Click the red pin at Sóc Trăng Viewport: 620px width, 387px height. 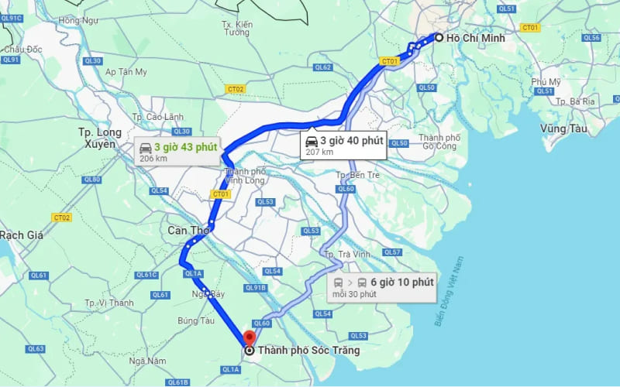(249, 338)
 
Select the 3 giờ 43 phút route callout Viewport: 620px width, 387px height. (178, 150)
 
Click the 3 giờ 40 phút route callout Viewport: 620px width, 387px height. (344, 145)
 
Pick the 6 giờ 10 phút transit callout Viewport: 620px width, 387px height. (383, 286)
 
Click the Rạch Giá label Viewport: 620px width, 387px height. (22, 235)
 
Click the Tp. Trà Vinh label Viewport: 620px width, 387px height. (346, 255)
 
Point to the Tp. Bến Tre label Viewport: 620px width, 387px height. (357, 175)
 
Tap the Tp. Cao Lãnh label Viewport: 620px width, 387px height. (158, 117)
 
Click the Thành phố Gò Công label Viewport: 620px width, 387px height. (440, 141)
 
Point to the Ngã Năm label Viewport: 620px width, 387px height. (147, 361)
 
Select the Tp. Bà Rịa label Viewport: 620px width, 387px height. (576, 101)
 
